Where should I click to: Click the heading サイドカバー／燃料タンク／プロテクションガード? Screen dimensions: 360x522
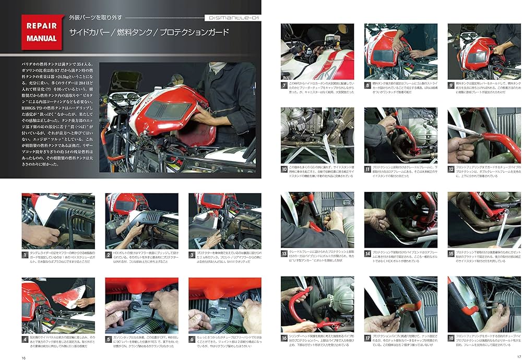[x=149, y=32]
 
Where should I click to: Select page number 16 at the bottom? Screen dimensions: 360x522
[x=23, y=357]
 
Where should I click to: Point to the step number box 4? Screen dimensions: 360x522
[x=25, y=339]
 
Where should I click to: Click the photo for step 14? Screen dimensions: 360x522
[x=401, y=220]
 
